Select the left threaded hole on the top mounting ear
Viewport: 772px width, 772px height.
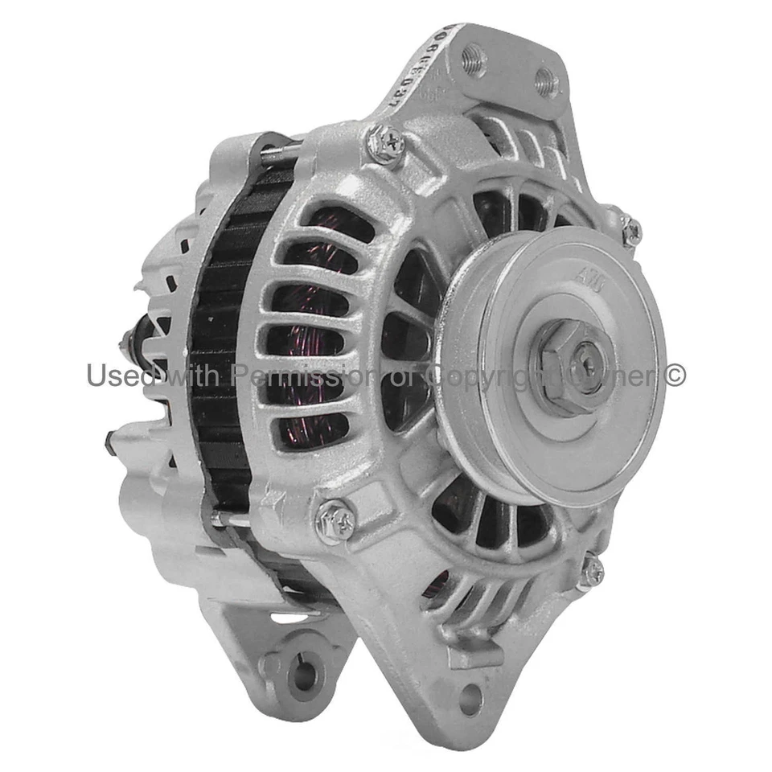tap(473, 58)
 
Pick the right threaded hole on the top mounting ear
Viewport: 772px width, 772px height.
tap(545, 81)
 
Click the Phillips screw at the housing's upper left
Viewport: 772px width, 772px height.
tap(385, 145)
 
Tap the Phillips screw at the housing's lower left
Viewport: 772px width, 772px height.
tap(335, 520)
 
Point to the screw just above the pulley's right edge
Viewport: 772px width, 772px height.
tap(630, 231)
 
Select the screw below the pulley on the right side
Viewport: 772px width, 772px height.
tap(591, 572)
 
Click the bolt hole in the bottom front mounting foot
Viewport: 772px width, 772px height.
tap(470, 697)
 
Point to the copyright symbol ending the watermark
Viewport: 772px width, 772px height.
tap(675, 375)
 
